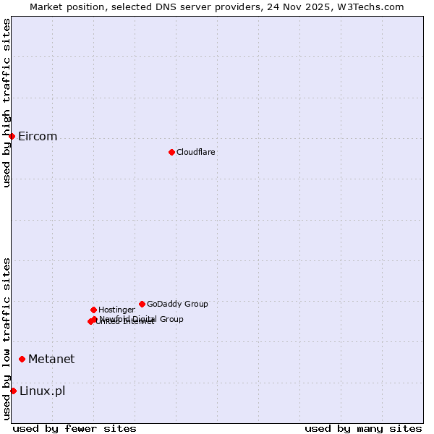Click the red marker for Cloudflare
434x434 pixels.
171,152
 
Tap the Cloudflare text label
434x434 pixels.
195,152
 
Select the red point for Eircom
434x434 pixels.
12,136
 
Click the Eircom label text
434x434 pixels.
38,137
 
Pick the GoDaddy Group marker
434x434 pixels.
142,304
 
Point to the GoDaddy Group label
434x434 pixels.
177,304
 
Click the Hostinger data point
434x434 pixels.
93,310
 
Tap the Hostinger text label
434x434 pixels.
116,310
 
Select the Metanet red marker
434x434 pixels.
22,359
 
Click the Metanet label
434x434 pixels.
51,359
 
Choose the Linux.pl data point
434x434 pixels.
13,391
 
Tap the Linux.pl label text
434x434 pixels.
42,391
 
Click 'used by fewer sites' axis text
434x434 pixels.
75,428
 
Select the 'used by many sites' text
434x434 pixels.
363,428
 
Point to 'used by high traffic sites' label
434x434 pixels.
7,103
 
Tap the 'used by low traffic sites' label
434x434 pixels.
7,338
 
